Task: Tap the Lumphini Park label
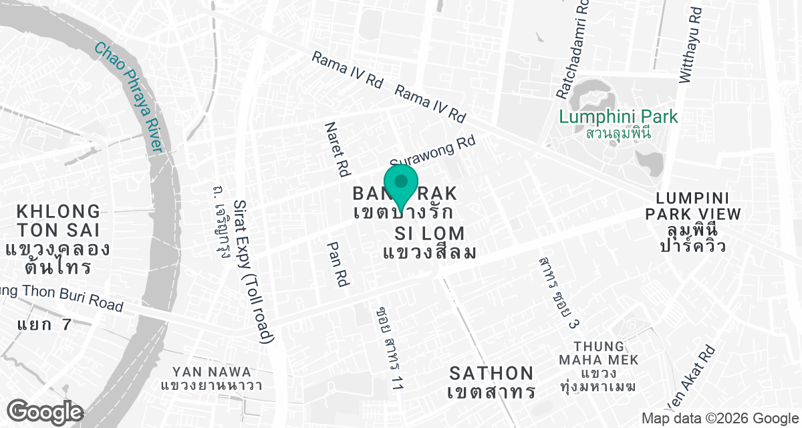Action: coord(618,117)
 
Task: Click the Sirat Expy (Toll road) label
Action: coord(255,271)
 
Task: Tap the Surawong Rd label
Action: coord(433,152)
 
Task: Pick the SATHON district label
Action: coord(492,373)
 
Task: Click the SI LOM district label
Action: coord(430,233)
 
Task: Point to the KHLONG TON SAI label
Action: coord(57,221)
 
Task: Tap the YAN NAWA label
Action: coord(211,372)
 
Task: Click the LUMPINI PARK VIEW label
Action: coord(698,206)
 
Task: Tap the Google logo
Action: coord(45,411)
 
